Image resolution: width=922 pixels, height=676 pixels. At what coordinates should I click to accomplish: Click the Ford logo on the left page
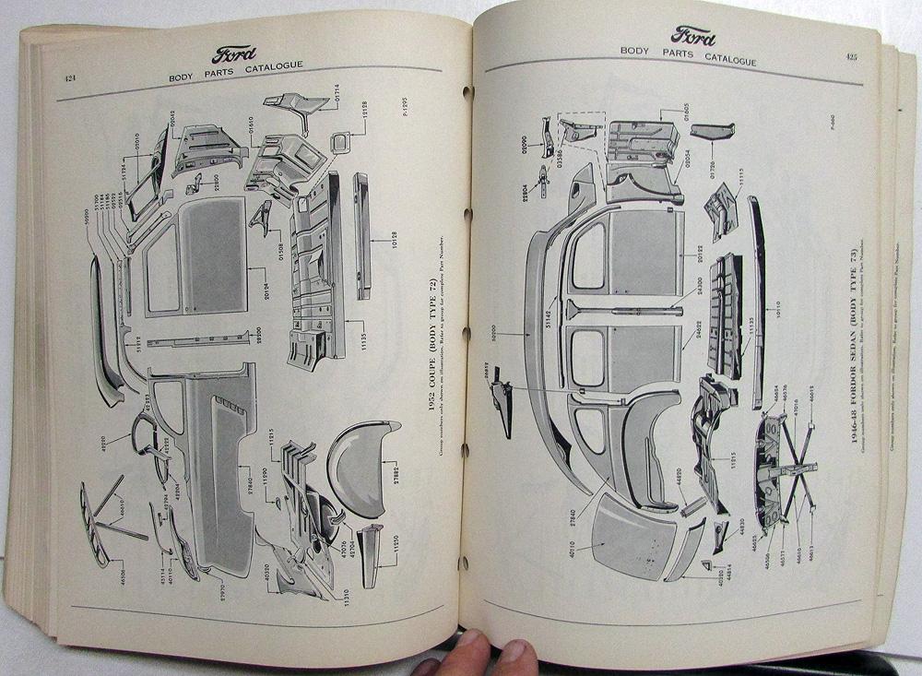click(x=235, y=53)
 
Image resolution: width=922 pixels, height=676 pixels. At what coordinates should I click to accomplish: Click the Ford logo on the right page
click(x=692, y=36)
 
